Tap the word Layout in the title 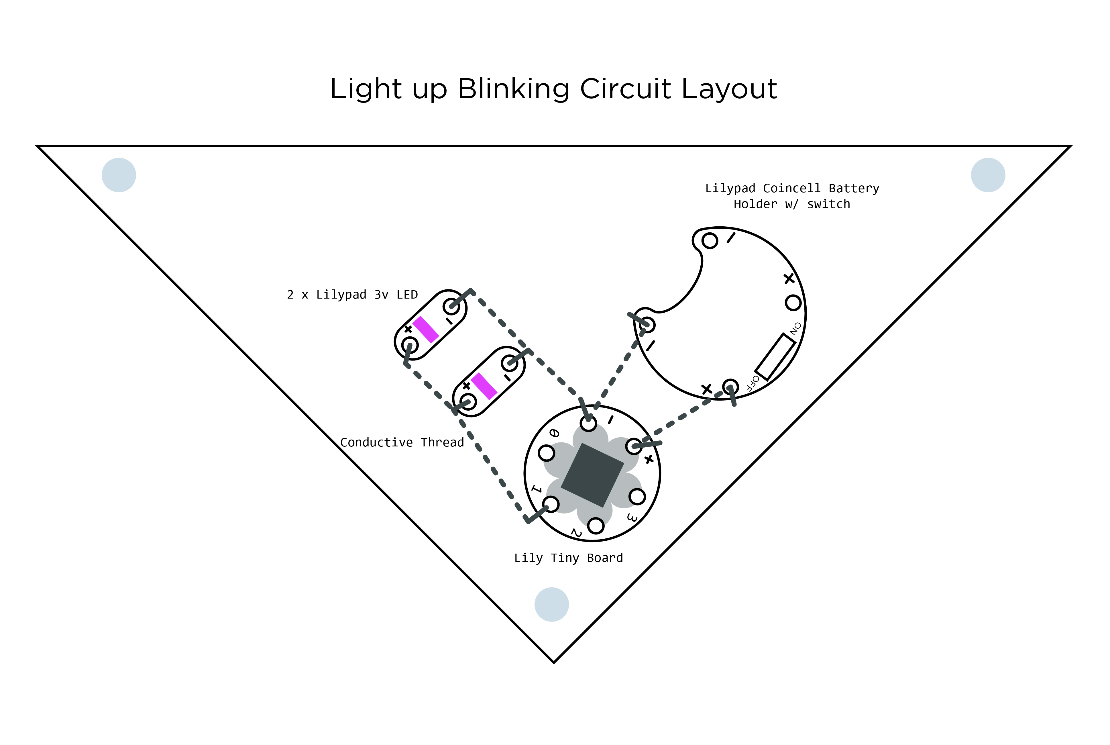tap(729, 89)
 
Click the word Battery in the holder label tap(854, 188)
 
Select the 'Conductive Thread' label tap(402, 442)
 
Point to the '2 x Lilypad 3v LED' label tap(352, 295)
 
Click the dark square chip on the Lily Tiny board tap(592, 475)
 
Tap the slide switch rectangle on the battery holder tap(775, 356)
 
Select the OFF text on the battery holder tap(752, 383)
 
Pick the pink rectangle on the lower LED tap(484, 386)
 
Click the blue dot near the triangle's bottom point tap(551, 604)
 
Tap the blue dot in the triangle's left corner tap(119, 175)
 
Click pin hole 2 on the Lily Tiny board tap(596, 526)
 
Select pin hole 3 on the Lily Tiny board tap(637, 497)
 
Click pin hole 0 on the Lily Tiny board tap(546, 453)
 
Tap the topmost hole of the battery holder tap(710, 240)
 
